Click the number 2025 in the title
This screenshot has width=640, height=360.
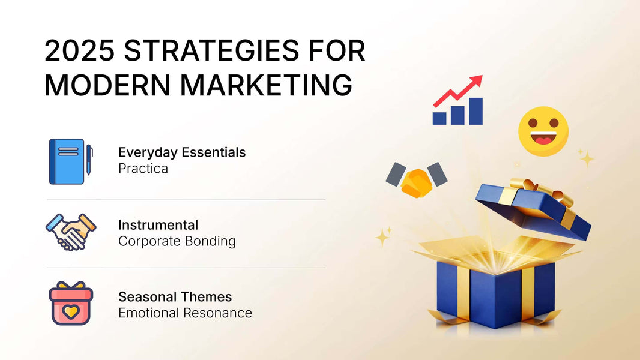[79, 50]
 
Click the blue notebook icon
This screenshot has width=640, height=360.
[67, 161]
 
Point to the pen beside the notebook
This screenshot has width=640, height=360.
[89, 160]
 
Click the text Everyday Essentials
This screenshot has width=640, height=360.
[182, 152]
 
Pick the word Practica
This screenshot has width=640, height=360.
[143, 169]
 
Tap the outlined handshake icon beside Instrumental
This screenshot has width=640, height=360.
[71, 232]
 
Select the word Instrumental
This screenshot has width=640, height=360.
[158, 225]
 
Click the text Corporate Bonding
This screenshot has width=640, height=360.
[177, 241]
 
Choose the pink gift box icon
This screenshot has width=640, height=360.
[71, 303]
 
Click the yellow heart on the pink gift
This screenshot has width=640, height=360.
[71, 312]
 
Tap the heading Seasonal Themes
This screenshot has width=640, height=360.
[175, 297]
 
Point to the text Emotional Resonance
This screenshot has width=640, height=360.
[186, 313]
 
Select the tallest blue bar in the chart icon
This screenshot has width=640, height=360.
[476, 111]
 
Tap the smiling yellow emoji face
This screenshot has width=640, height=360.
[543, 131]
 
